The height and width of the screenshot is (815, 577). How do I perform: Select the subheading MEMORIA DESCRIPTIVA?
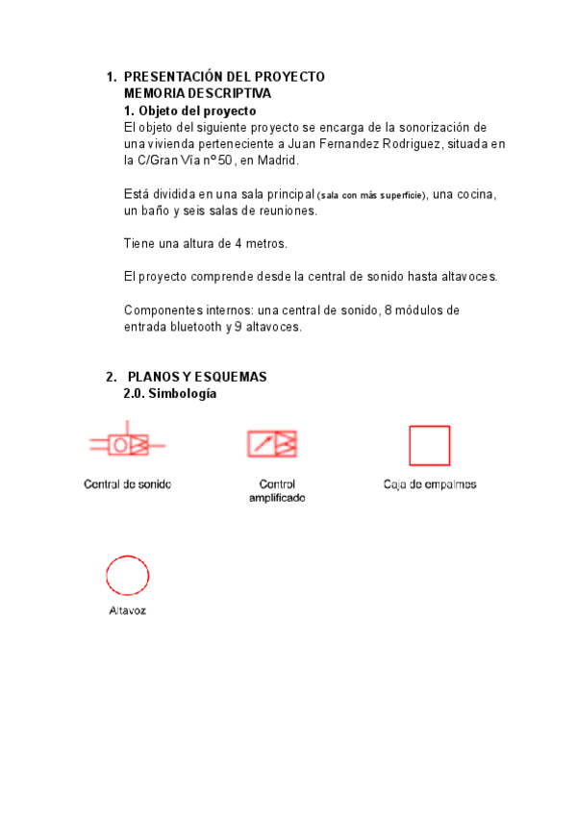tap(197, 93)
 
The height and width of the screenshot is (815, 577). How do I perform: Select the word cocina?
tap(477, 194)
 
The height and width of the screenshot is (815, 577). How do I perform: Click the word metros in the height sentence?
tap(266, 243)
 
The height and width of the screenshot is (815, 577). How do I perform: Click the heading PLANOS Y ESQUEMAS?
tap(197, 377)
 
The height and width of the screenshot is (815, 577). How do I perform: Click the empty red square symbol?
tap(429, 445)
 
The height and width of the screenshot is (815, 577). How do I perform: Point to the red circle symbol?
tap(127, 576)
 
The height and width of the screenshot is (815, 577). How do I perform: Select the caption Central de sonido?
tap(128, 484)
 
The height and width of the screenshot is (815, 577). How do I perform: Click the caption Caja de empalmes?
tap(430, 484)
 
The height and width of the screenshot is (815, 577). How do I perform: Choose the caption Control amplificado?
tap(277, 491)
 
